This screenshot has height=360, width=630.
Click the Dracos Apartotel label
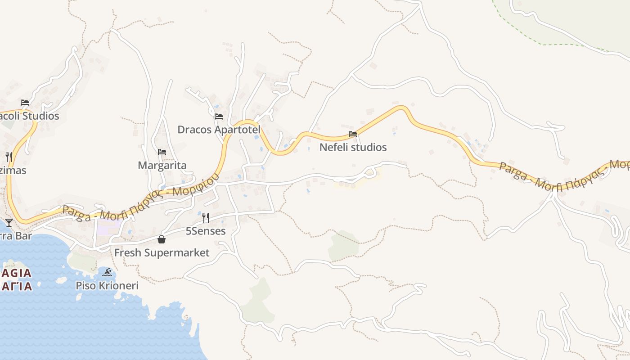point(219,130)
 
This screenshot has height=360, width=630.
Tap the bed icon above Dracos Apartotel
point(219,117)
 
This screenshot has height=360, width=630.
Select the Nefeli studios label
point(353,147)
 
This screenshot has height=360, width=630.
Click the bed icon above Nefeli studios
point(353,134)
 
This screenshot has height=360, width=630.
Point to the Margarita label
point(162,165)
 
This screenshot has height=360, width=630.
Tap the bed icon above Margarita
point(162,152)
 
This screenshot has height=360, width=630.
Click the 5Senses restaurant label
point(206,231)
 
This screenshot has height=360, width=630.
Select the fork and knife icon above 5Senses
point(206,218)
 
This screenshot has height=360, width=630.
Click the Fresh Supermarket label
point(162,252)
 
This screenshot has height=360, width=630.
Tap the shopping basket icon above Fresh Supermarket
point(162,239)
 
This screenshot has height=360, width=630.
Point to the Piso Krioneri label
point(107,285)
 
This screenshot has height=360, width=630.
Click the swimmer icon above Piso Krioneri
point(107,272)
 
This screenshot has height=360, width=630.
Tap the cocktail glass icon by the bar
point(9,222)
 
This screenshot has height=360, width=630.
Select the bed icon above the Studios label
point(25,103)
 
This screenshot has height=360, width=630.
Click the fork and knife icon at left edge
point(9,157)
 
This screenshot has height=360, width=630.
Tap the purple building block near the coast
point(103,229)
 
